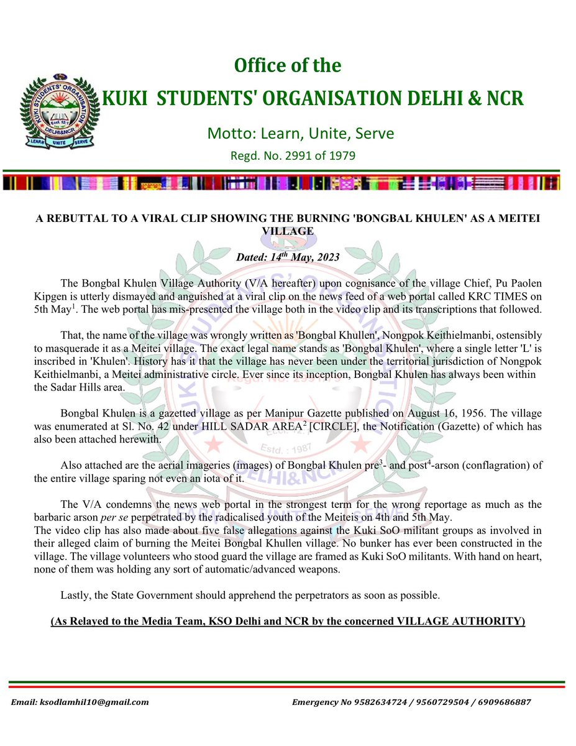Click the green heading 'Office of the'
click(287, 65)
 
